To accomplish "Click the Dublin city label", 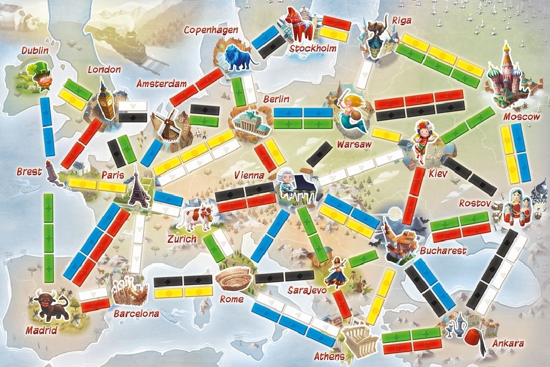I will click(x=35, y=51).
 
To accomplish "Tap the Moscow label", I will click(x=522, y=117).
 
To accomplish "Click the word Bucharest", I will click(x=443, y=251).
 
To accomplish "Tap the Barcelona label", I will click(x=136, y=313).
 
